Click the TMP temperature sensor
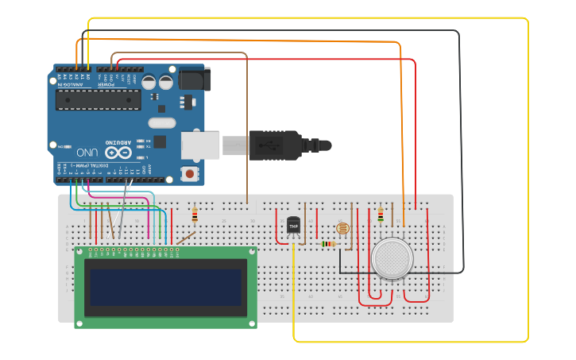(x=293, y=226)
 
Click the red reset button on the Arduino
(x=190, y=173)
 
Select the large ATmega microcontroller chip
(x=98, y=99)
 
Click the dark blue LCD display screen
(x=165, y=287)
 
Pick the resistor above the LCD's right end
(x=195, y=215)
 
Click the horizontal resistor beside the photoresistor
(x=328, y=244)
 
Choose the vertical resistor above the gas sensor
(x=380, y=215)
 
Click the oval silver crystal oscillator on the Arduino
(x=161, y=122)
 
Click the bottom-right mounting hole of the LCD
(x=252, y=323)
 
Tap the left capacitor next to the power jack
(x=149, y=82)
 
